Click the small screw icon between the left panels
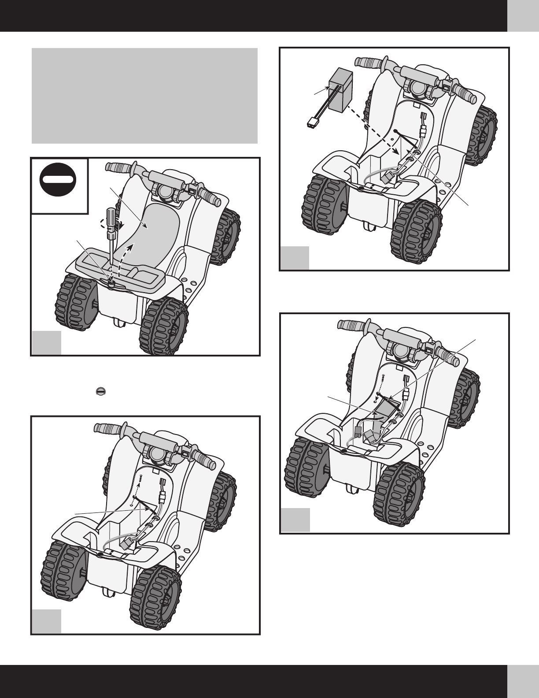tap(101, 391)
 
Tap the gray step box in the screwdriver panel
tap(46, 342)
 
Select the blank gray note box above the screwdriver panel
tap(144, 96)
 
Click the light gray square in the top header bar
tap(523, 15)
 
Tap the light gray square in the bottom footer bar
tap(523, 681)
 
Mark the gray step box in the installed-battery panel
tap(295, 520)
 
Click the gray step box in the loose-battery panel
tap(295, 258)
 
